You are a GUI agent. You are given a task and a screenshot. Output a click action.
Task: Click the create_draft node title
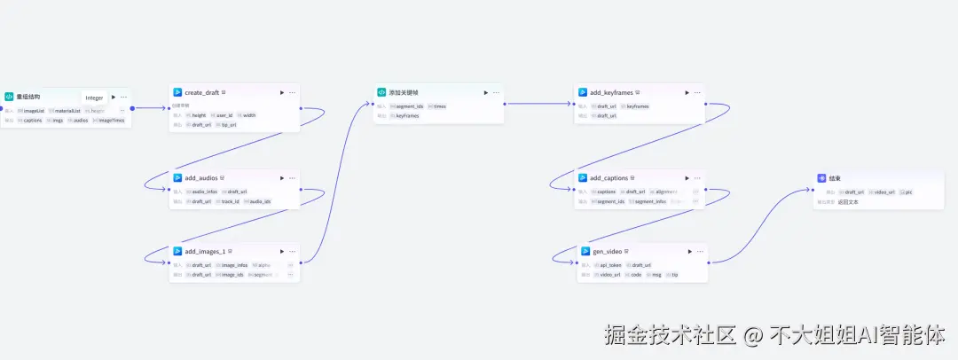point(201,92)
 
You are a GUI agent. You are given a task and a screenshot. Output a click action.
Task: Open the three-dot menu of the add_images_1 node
point(292,252)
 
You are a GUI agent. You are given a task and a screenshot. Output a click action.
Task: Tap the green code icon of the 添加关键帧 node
point(381,92)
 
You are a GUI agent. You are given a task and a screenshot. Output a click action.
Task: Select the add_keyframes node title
point(611,92)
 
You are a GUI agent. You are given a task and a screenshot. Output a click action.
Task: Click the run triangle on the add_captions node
point(687,178)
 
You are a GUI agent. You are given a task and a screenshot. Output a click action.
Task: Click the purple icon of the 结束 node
point(821,178)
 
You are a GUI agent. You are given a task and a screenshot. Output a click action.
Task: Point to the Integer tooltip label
point(94,98)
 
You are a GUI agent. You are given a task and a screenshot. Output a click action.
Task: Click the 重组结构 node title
point(27,97)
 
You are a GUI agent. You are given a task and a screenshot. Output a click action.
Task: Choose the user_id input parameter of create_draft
point(224,115)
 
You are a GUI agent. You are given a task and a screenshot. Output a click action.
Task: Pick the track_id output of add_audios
point(230,201)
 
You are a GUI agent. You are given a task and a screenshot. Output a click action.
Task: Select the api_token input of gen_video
point(610,265)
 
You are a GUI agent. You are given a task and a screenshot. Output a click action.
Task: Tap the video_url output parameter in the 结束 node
point(884,192)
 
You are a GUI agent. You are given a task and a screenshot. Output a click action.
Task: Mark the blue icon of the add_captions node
point(583,178)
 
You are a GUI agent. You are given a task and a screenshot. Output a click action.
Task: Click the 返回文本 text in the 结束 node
point(849,201)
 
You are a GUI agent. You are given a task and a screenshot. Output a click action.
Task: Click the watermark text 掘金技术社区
point(671,335)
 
